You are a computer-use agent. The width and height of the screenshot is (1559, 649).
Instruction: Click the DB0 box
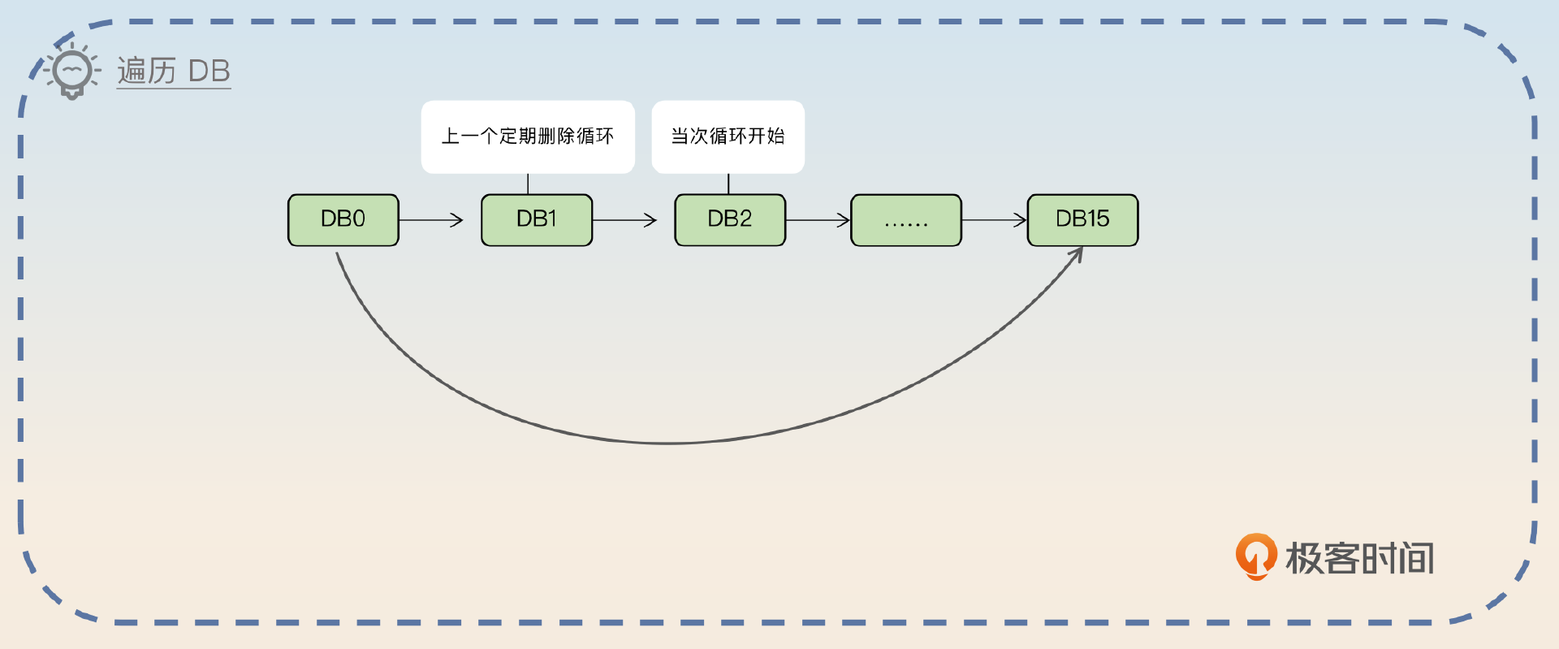pos(343,219)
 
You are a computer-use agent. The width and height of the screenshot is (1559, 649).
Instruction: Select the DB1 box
pos(537,219)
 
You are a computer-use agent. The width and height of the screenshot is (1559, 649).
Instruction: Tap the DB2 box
pos(730,219)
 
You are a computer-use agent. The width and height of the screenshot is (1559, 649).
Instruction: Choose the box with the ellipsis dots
pos(906,220)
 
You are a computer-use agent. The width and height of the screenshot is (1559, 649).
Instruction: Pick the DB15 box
pos(1082,219)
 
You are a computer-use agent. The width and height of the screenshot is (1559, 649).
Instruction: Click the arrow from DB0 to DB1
pos(431,219)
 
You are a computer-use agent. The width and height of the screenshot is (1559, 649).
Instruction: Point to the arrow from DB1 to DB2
pos(624,219)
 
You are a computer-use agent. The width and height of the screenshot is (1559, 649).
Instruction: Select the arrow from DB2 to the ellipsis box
pos(818,219)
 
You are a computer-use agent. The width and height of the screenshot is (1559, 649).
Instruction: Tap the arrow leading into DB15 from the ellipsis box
pos(995,219)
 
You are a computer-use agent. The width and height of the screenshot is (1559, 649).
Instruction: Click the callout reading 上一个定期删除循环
pos(528,136)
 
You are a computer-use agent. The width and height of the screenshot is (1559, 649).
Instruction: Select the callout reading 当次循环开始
pos(728,136)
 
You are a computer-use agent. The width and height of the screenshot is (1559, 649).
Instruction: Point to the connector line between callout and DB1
pos(528,184)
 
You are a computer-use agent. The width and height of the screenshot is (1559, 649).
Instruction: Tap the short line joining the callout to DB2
pos(728,184)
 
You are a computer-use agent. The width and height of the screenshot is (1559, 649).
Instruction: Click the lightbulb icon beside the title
pos(72,71)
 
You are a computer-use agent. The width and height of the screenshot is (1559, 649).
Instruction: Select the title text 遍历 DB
pos(174,71)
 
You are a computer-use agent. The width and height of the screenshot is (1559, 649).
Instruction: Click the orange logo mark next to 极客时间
pos(1255,556)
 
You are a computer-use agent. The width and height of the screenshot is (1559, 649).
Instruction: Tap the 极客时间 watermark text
pos(1359,559)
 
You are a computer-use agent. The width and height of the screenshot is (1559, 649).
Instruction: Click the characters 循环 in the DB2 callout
pos(728,136)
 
